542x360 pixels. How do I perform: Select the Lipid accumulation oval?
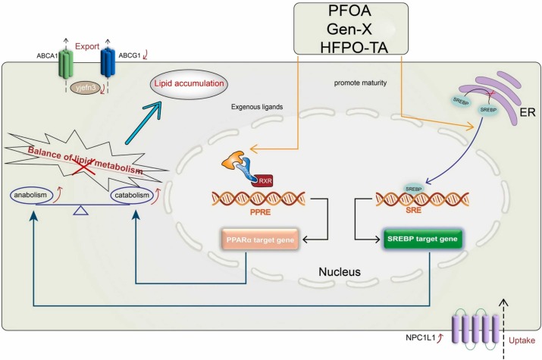(x=191, y=86)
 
